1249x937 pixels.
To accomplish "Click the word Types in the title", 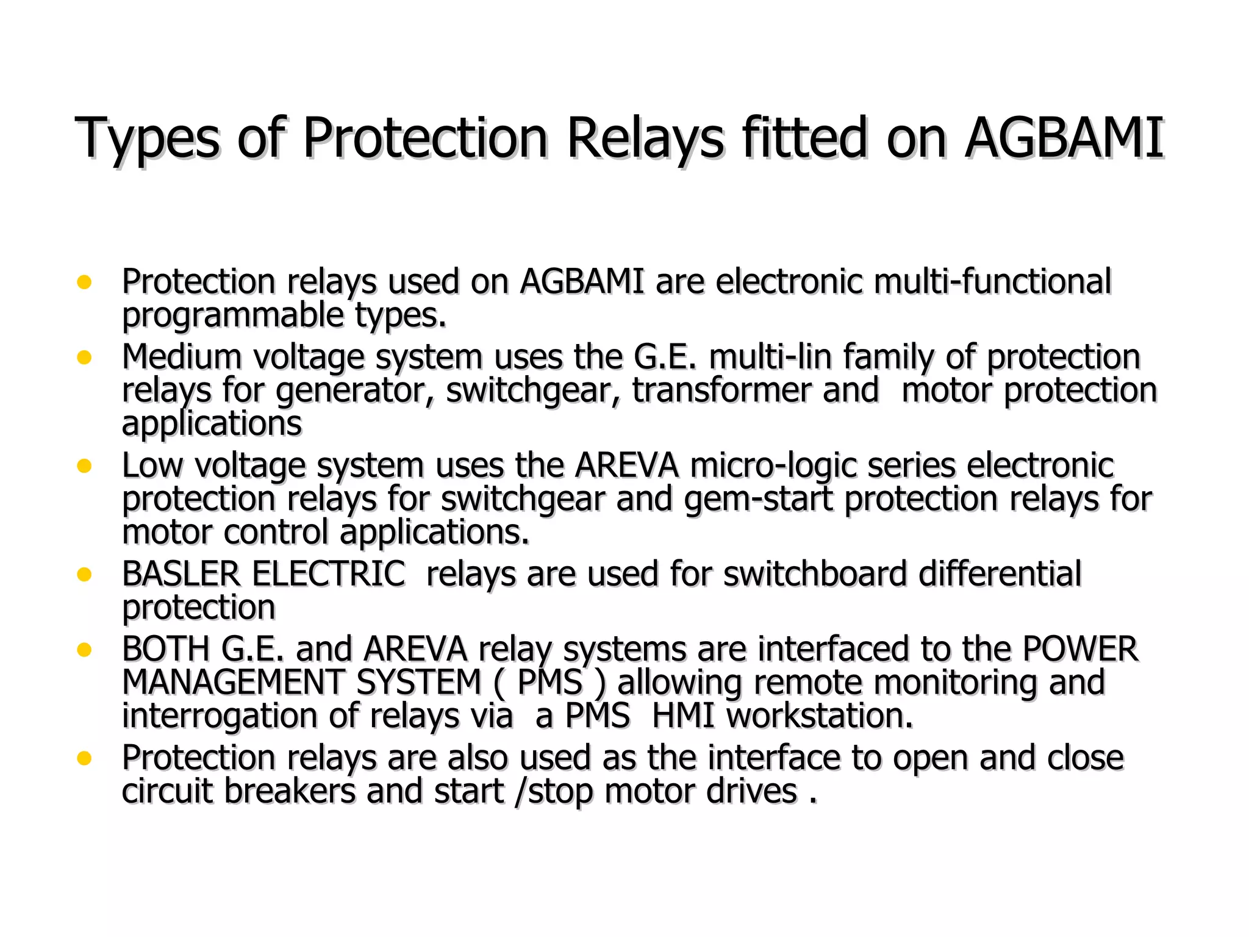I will point(146,139).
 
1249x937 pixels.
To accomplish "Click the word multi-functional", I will point(992,282).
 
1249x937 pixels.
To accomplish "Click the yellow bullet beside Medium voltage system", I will point(84,357).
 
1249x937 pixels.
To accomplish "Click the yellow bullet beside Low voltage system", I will point(84,466).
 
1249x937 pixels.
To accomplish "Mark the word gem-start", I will point(758,500).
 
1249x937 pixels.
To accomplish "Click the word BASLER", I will point(181,574).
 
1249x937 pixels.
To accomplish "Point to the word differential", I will point(1000,574).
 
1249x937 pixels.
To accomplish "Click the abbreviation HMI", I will point(682,716).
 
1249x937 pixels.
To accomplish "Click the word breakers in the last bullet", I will point(290,791).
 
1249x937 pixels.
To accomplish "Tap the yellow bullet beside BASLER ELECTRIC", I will point(84,575).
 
